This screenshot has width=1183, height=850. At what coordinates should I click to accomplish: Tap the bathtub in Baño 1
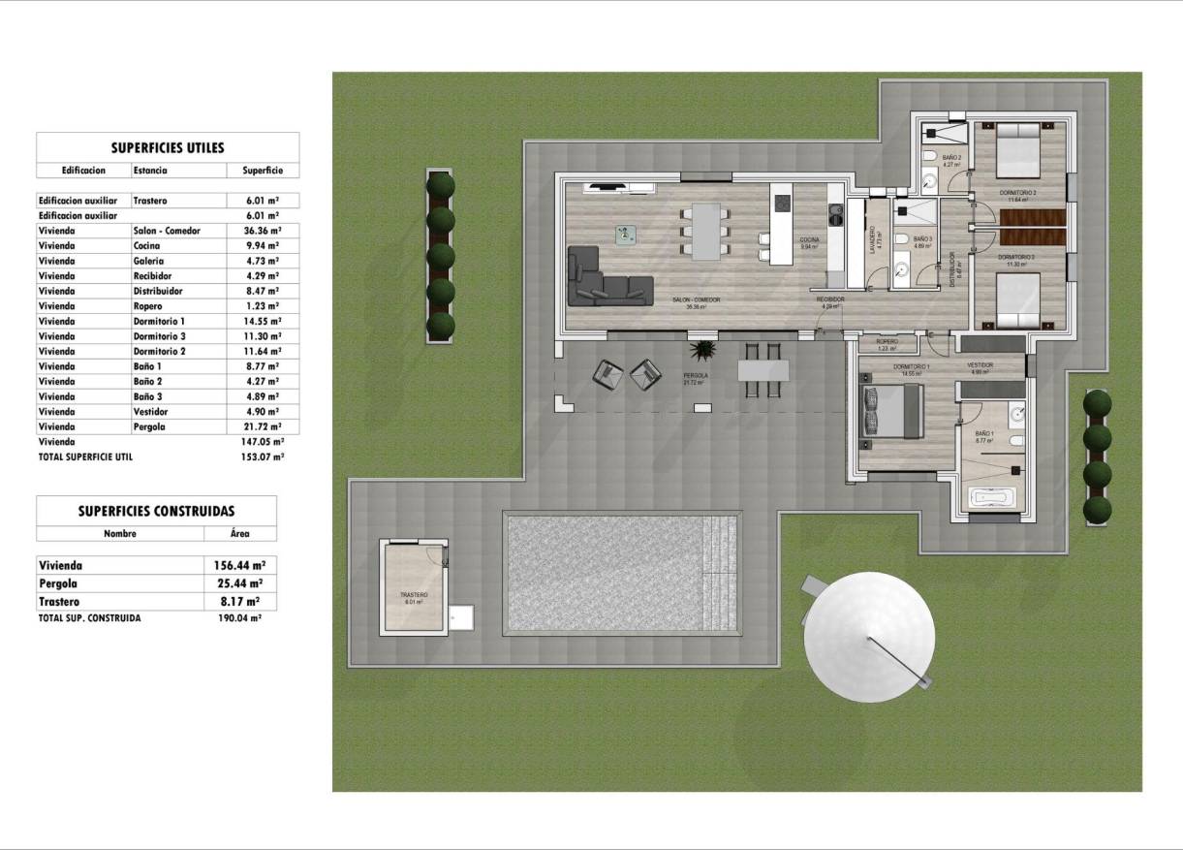[991, 499]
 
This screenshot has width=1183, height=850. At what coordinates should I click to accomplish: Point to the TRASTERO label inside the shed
[414, 594]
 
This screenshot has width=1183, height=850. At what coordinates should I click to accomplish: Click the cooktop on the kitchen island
[781, 203]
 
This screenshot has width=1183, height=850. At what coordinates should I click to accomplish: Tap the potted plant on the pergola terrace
[701, 350]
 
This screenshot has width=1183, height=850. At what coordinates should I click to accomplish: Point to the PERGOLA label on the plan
[694, 374]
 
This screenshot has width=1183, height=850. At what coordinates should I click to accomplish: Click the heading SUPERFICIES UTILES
[168, 148]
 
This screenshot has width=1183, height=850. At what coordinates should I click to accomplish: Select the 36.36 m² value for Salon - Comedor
[256, 232]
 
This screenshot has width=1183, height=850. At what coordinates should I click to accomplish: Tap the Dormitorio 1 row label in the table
[159, 321]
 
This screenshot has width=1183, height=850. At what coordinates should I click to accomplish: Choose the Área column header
[239, 533]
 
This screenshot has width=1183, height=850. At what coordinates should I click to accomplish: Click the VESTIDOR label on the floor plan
[980, 365]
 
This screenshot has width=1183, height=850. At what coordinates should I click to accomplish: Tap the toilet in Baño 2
[927, 156]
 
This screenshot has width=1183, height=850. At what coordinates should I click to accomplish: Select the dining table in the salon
[705, 232]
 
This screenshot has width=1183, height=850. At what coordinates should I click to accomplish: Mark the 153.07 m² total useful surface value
[256, 456]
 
